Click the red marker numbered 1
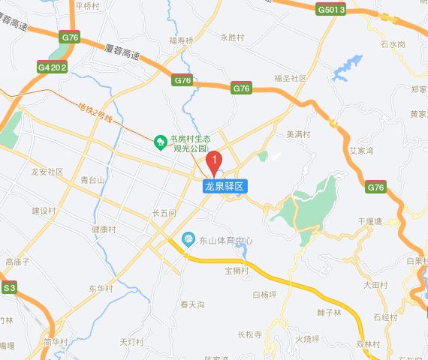click(214, 160)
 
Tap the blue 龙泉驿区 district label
click(225, 185)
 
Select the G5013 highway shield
click(331, 10)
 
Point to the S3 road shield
click(9, 287)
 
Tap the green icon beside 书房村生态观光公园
click(159, 140)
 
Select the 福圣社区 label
click(291, 78)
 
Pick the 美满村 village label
click(299, 134)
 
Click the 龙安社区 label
click(47, 172)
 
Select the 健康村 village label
click(104, 229)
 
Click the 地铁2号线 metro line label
click(96, 114)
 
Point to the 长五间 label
click(164, 213)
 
